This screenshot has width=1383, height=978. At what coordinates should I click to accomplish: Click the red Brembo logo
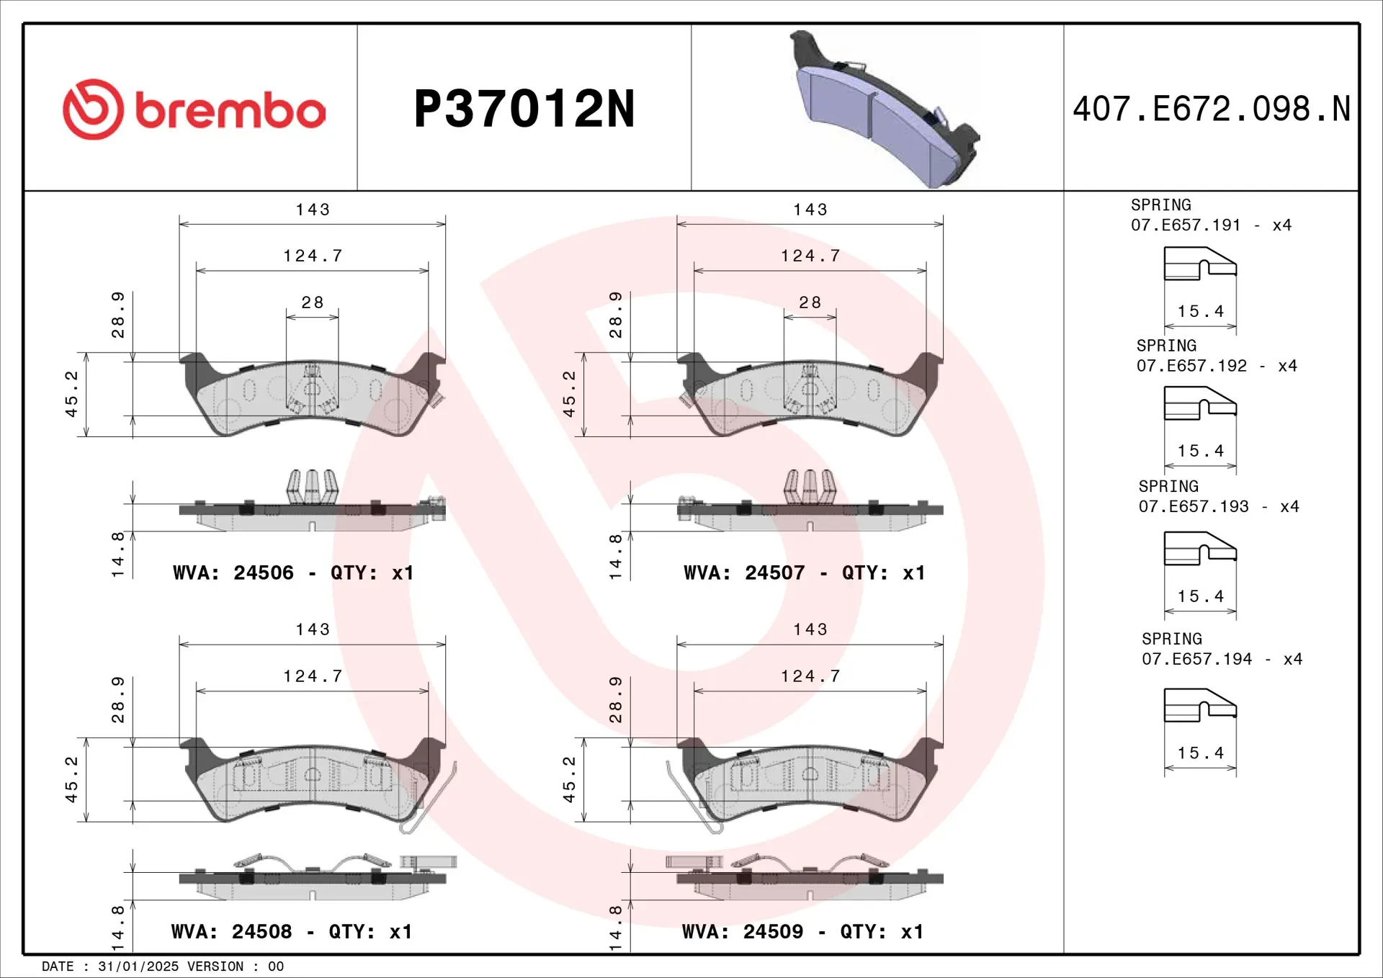tap(193, 109)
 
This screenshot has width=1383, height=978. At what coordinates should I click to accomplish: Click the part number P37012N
tap(524, 109)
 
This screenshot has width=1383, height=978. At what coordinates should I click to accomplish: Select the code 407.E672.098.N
tap(1211, 109)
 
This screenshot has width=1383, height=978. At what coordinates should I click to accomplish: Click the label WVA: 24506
tap(233, 573)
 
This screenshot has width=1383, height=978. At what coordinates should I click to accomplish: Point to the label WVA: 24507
tap(744, 573)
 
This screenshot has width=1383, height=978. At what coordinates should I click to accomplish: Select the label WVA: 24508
tap(231, 932)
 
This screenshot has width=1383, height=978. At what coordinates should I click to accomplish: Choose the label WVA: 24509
tap(743, 932)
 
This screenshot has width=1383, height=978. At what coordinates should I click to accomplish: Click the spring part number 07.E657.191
tap(1186, 225)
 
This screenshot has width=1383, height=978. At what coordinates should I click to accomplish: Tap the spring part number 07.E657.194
tap(1196, 659)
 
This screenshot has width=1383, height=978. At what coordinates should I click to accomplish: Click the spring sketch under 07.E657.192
tap(1200, 403)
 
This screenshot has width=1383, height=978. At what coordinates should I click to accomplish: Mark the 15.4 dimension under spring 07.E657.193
tap(1200, 596)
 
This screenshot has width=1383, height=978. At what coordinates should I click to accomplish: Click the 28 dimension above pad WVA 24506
tap(312, 302)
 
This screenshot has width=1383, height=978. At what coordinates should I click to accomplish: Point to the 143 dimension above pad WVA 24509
tap(810, 629)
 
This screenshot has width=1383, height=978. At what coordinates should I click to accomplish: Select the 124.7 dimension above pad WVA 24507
tap(810, 256)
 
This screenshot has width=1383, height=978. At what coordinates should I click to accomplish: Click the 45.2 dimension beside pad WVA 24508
tap(71, 779)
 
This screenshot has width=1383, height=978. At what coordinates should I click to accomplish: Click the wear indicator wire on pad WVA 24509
tap(691, 799)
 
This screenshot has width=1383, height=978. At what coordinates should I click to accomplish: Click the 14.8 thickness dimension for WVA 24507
tap(615, 556)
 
